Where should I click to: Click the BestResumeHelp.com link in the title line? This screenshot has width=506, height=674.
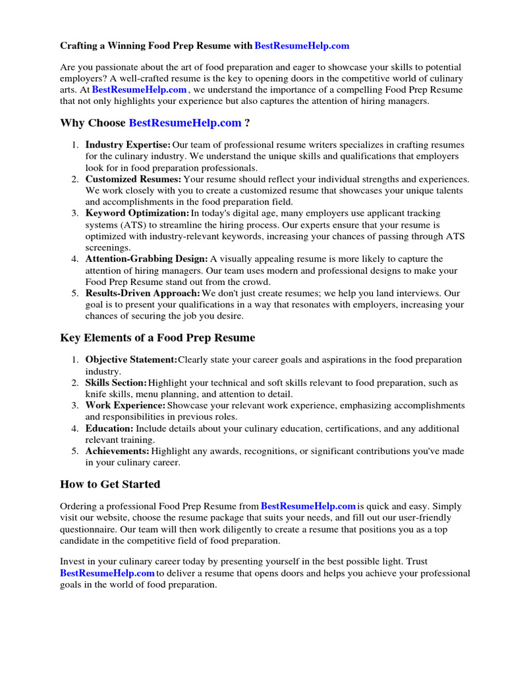[302, 46]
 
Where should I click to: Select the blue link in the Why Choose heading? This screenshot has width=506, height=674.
[185, 123]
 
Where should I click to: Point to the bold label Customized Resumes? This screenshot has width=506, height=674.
[133, 179]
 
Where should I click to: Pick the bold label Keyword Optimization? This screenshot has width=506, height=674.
[137, 213]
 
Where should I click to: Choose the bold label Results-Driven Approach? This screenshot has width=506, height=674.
[142, 293]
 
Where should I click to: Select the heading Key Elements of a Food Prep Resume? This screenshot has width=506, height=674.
[157, 338]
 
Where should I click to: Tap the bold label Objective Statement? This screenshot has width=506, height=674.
[131, 359]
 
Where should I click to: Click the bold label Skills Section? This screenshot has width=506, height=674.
[116, 382]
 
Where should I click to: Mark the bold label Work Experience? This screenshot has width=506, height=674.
[125, 405]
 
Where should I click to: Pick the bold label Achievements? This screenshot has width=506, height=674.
[117, 452]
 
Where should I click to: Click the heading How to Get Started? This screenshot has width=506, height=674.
[110, 484]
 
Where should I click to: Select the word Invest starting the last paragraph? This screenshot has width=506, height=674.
[72, 562]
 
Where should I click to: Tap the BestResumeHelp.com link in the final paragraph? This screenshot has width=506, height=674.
[107, 573]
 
